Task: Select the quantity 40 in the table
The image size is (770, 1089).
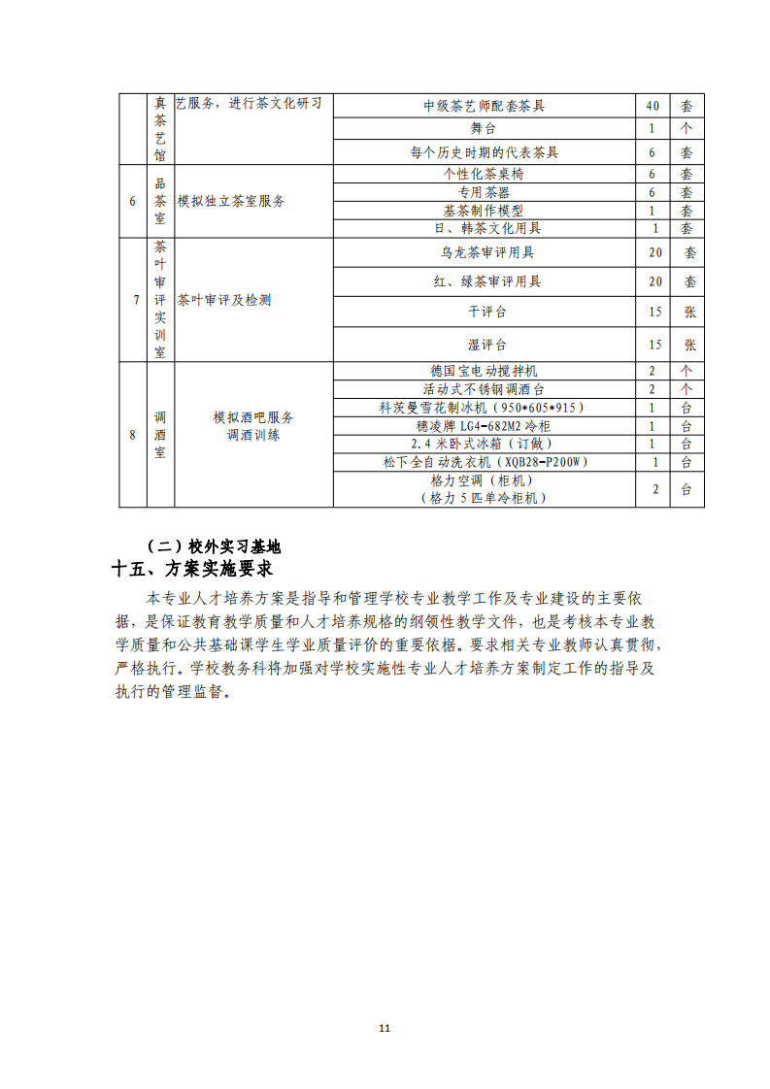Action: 653,106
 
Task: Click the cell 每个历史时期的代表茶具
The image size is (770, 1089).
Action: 484,152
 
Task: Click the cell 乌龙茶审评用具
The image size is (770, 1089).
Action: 484,252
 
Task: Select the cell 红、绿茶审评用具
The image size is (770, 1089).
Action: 484,281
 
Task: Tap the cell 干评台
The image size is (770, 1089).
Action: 484,312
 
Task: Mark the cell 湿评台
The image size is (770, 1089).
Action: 484,345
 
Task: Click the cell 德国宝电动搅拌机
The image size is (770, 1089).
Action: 484,371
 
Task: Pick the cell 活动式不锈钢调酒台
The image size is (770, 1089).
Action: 484,389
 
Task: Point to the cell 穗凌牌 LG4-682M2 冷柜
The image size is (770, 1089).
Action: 484,426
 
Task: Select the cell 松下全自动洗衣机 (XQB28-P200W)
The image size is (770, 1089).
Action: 484,462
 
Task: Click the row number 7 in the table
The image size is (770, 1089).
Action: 133,300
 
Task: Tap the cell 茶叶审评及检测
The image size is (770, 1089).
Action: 225,300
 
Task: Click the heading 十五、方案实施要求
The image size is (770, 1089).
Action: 191,568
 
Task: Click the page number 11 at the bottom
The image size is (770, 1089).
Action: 385,1028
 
